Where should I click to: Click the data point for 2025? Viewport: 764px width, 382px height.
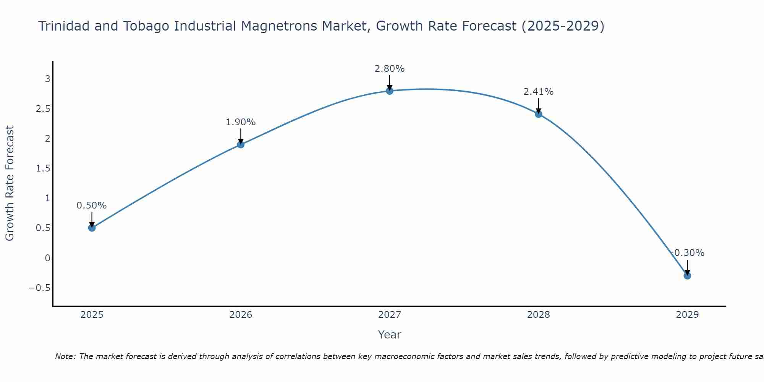[92, 228]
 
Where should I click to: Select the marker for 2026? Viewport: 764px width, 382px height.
[241, 144]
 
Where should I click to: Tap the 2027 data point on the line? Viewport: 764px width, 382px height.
[390, 91]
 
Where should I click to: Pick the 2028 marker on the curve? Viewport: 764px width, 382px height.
[539, 114]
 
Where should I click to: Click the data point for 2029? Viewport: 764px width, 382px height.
[687, 276]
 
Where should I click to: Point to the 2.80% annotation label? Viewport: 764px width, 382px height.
[390, 69]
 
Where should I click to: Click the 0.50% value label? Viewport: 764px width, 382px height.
[92, 206]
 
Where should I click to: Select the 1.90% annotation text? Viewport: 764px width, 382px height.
[241, 122]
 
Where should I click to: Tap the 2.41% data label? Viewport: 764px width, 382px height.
[539, 92]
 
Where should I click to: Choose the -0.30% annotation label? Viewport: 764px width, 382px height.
[688, 253]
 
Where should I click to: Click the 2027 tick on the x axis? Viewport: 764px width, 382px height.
[390, 315]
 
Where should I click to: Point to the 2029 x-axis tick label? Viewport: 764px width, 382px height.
[687, 315]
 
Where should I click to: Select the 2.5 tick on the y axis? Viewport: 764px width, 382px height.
[43, 109]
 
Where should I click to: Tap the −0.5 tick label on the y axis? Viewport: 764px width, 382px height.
[40, 288]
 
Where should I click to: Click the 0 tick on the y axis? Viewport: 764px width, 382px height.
[48, 258]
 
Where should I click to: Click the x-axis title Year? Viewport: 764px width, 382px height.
[390, 335]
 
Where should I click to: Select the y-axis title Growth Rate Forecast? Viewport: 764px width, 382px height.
[10, 183]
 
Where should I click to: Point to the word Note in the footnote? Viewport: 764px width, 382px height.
[65, 356]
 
